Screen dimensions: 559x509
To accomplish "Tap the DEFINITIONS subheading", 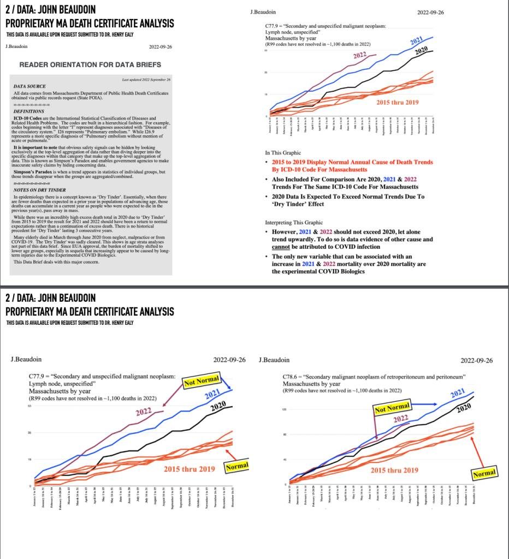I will [x=28, y=111].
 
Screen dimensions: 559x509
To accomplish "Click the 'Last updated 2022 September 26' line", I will [x=146, y=80].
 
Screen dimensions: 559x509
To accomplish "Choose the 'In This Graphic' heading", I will [x=283, y=153].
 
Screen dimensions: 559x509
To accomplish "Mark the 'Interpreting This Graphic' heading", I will [x=294, y=223].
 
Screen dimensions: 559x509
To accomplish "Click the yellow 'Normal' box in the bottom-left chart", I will [x=236, y=467].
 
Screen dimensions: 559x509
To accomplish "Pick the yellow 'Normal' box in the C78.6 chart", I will [x=484, y=473].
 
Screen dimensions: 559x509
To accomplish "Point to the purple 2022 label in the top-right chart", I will [x=359, y=56].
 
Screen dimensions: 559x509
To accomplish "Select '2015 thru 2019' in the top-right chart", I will [x=398, y=103].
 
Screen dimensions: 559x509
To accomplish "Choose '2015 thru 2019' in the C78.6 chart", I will [x=395, y=470].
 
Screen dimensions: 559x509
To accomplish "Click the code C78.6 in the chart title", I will [x=290, y=377].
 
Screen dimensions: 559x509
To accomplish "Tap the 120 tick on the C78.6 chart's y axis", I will [x=285, y=409].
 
